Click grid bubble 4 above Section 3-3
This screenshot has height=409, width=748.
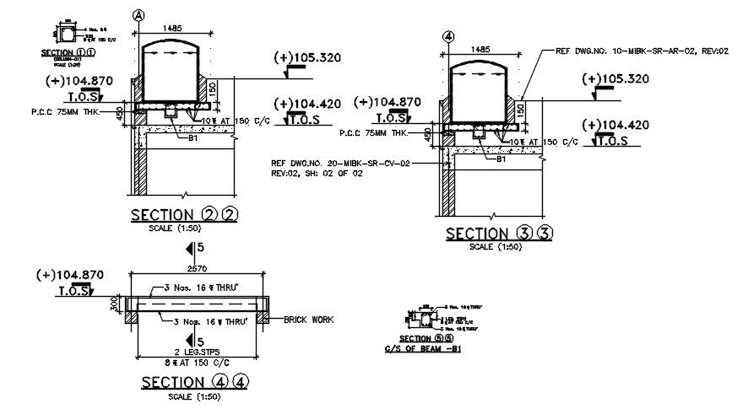pos(449,36)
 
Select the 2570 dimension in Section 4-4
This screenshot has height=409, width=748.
pos(196,266)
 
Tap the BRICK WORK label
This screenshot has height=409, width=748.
pos(308,320)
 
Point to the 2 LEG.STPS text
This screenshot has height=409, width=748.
pos(198,352)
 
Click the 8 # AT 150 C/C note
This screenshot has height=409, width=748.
pos(198,362)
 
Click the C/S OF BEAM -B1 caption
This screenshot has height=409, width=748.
pos(423,348)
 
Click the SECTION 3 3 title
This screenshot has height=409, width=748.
pos(499,234)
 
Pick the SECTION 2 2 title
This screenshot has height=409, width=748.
pos(184,214)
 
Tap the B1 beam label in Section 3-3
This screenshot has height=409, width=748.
pos(501,159)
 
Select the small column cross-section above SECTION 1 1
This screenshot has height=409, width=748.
pos(67,34)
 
